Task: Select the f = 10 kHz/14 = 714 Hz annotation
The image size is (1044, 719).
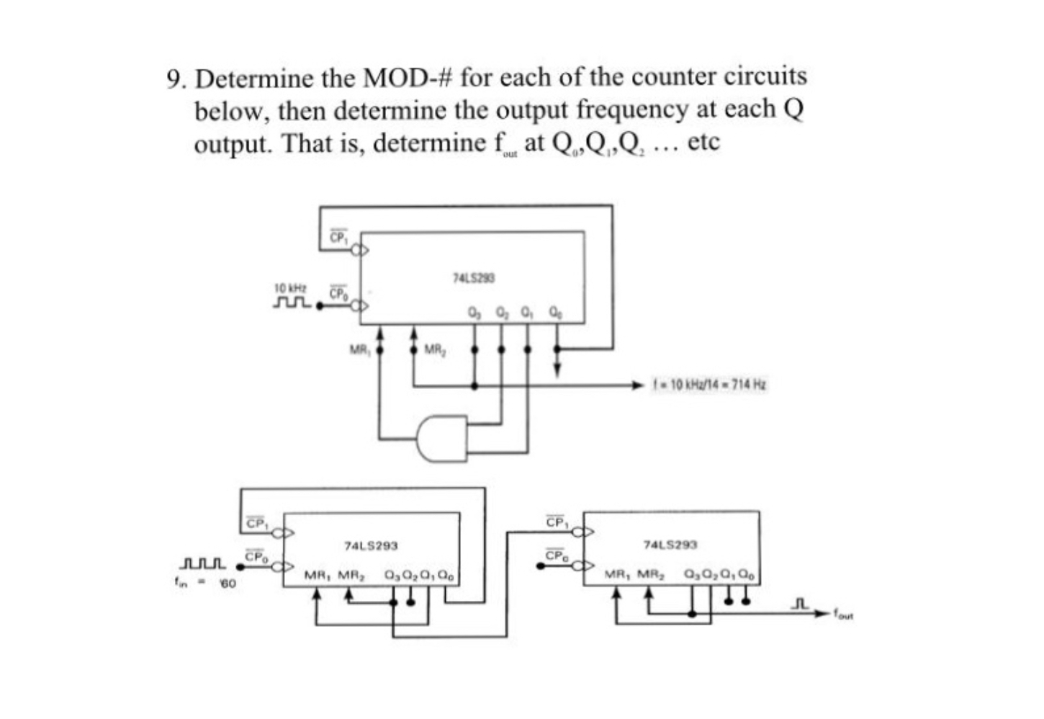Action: [x=710, y=385]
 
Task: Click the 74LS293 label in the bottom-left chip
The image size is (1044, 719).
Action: [x=371, y=547]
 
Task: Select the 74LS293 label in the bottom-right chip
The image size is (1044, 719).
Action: [x=670, y=545]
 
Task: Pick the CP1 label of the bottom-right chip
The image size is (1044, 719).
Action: [x=555, y=522]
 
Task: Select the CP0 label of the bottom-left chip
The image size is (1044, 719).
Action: [x=256, y=557]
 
